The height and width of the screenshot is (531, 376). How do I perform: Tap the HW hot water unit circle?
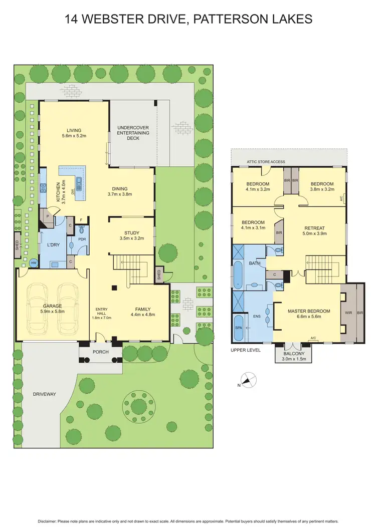click(x=34, y=262)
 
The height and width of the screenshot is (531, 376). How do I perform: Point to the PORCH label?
click(x=100, y=351)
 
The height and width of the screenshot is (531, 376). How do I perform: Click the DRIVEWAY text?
click(x=45, y=394)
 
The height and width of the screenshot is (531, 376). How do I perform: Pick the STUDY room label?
click(x=132, y=232)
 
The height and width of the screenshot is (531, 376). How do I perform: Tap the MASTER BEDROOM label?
click(x=309, y=311)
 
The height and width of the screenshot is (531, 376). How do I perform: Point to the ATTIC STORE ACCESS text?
click(x=266, y=162)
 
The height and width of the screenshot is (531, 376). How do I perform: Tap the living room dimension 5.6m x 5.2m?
click(x=74, y=136)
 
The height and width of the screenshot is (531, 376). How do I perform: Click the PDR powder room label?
click(x=82, y=239)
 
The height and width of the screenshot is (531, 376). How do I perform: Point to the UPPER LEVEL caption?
click(x=246, y=350)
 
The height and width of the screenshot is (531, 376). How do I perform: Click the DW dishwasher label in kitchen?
click(x=73, y=191)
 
